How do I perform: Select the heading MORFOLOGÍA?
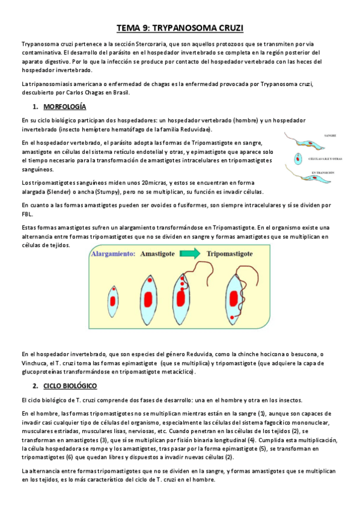(x=66, y=106)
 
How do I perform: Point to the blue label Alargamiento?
(x=113, y=254)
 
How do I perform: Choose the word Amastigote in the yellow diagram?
(x=161, y=254)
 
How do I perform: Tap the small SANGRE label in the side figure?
(x=330, y=136)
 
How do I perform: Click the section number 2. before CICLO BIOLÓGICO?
(x=35, y=385)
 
